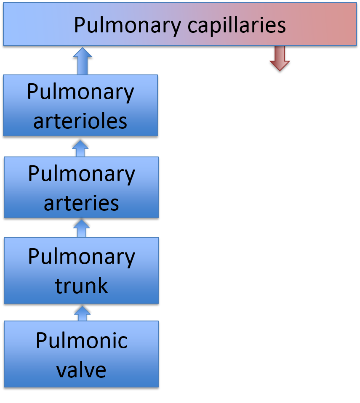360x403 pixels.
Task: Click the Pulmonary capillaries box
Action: (x=180, y=24)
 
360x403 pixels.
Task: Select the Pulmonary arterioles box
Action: (x=80, y=105)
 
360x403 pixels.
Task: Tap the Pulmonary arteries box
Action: (x=81, y=187)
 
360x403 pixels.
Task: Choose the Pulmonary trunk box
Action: (x=81, y=270)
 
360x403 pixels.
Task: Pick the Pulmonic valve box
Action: (x=81, y=354)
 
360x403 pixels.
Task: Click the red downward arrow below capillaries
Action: (x=280, y=58)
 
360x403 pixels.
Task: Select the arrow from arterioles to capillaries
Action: (x=83, y=61)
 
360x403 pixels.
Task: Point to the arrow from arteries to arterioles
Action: (x=80, y=148)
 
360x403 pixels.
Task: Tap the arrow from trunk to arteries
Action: (x=81, y=228)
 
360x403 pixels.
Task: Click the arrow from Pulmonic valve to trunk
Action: (x=82, y=313)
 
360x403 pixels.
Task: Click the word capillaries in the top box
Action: (x=237, y=26)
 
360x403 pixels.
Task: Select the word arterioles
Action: (x=80, y=121)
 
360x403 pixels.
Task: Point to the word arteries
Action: (x=81, y=203)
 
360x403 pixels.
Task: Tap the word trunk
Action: (x=81, y=285)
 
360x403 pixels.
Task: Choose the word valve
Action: (x=81, y=370)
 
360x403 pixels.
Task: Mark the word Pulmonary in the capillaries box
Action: (x=128, y=26)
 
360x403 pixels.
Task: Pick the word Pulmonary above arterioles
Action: (x=80, y=93)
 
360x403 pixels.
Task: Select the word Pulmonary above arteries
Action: (x=82, y=175)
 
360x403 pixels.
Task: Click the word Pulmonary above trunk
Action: (x=82, y=257)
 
